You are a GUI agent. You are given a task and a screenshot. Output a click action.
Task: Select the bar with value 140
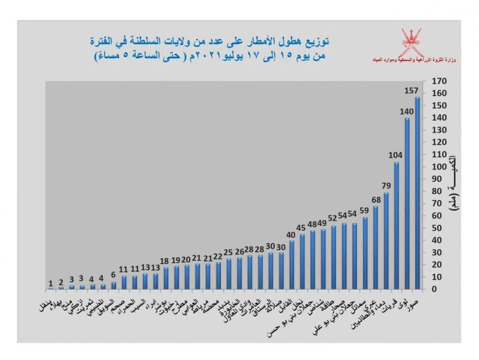407,203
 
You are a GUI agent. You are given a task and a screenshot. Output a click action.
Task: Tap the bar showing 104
396,225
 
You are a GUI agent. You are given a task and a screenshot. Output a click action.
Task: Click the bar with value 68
375,247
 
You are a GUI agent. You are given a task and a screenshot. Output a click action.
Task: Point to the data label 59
365,212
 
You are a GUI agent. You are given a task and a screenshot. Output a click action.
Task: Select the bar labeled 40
291,265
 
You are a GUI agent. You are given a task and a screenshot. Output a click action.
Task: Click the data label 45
301,228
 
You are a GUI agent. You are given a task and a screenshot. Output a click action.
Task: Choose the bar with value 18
166,278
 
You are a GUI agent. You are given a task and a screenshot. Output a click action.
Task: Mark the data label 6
113,275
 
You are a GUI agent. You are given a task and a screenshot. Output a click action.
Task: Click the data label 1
51,283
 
